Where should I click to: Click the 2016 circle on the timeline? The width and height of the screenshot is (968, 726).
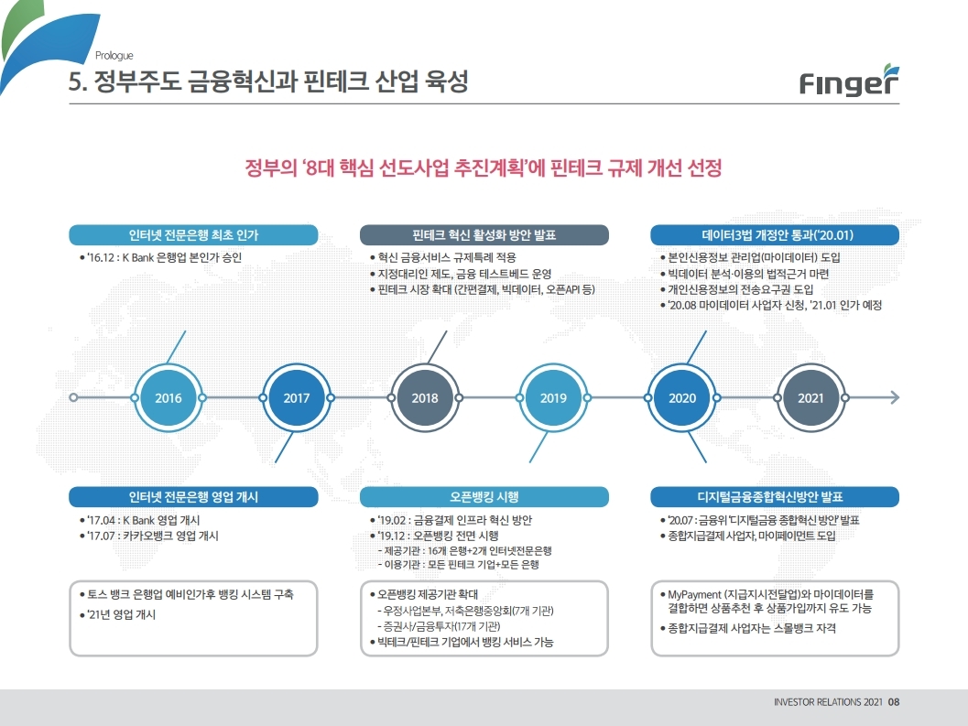[169, 398]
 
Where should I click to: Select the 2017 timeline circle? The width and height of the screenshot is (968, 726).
[297, 398]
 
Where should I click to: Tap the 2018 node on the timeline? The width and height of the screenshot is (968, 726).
[425, 398]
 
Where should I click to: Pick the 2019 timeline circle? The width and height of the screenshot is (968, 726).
[553, 398]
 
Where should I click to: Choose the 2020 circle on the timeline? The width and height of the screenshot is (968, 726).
[682, 398]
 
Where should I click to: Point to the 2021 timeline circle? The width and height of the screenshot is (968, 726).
[810, 398]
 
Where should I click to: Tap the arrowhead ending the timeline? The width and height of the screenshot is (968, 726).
[894, 398]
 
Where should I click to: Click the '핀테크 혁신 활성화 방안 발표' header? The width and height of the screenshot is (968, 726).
[484, 235]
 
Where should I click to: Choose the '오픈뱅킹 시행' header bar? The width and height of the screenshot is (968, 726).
[484, 497]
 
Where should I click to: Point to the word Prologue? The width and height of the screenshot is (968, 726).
[114, 55]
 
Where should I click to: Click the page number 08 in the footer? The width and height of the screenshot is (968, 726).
[895, 703]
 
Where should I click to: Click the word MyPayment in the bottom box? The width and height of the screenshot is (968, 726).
[696, 594]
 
